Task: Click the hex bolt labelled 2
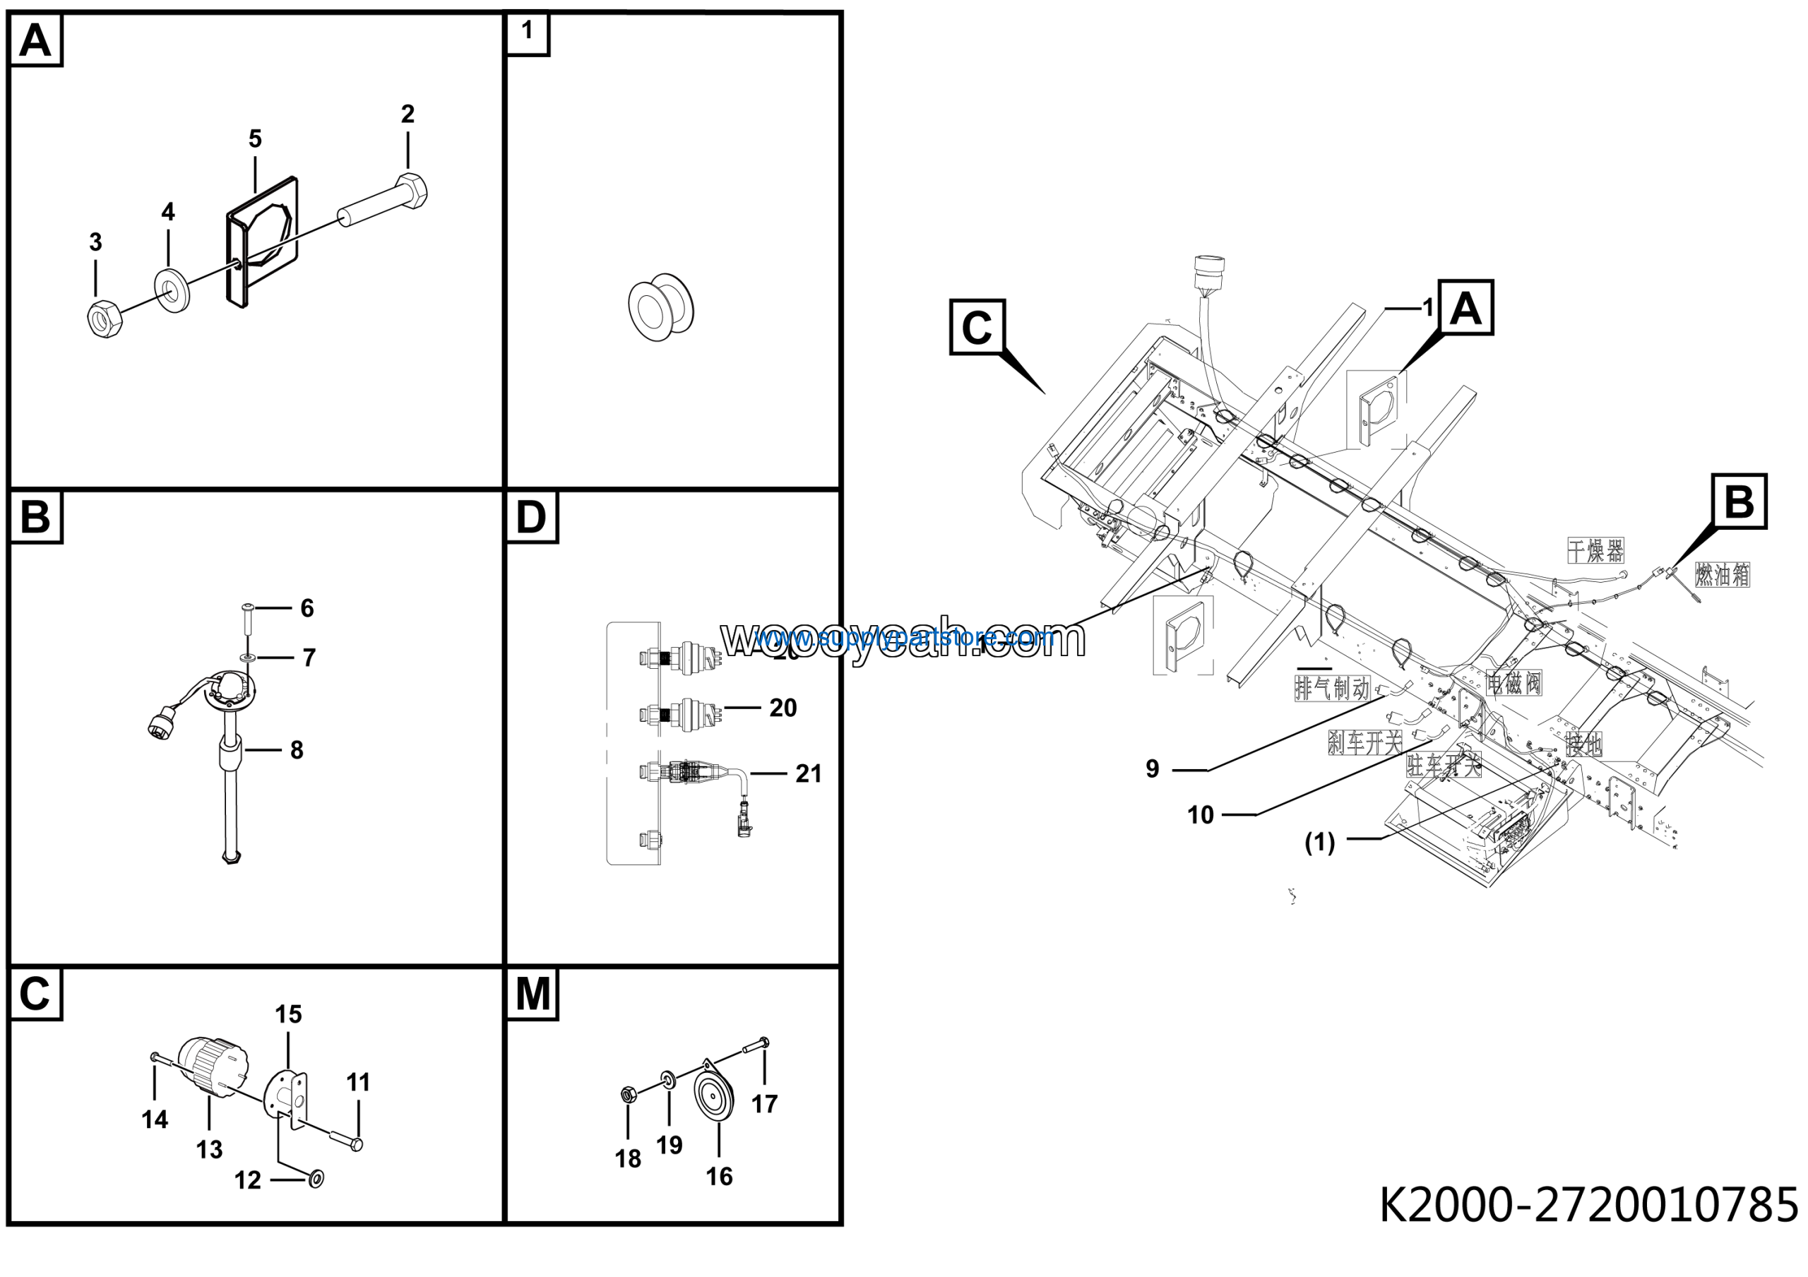click(x=386, y=203)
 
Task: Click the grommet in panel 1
click(x=662, y=307)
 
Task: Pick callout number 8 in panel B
click(x=296, y=750)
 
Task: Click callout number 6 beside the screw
click(x=307, y=609)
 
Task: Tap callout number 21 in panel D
click(x=808, y=774)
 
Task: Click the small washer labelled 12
click(x=316, y=1179)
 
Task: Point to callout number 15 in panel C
click(x=288, y=1015)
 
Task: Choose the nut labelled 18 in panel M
click(x=629, y=1094)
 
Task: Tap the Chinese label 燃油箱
click(x=1721, y=576)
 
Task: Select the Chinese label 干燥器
click(x=1595, y=550)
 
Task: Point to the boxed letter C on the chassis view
click(x=977, y=327)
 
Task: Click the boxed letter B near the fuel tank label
click(x=1739, y=501)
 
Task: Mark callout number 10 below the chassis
click(x=1200, y=815)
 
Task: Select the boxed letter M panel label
click(x=533, y=994)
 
